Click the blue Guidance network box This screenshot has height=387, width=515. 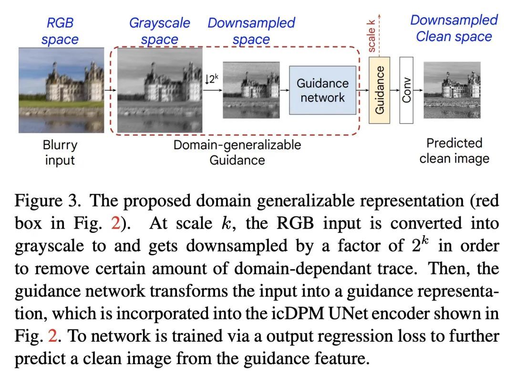click(322, 90)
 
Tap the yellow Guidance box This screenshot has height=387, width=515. click(380, 90)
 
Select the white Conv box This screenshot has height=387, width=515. click(406, 90)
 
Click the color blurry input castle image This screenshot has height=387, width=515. click(61, 90)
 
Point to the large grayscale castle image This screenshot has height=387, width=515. click(160, 90)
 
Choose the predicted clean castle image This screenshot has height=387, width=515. click(452, 90)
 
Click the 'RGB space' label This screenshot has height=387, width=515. click(60, 31)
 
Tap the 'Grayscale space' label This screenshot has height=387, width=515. click(159, 31)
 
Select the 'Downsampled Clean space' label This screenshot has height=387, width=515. click(453, 28)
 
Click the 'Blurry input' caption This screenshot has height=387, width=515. click(60, 152)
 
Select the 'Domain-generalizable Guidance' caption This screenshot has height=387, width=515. click(237, 152)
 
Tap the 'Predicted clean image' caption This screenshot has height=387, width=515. click(454, 150)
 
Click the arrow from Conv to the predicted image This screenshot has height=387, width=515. click(418, 90)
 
